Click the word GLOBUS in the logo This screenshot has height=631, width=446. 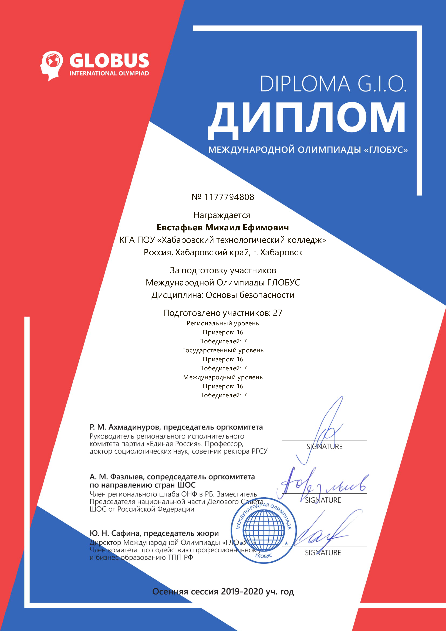pyautogui.click(x=109, y=61)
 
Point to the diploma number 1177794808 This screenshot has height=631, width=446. pyautogui.click(x=229, y=197)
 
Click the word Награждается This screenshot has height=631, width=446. pyautogui.click(x=222, y=215)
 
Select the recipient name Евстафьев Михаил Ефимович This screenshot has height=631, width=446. pyautogui.click(x=223, y=228)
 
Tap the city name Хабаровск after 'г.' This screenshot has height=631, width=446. pyautogui.click(x=281, y=252)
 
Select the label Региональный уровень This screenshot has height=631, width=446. pyautogui.click(x=223, y=323)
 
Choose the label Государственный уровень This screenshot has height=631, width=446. pyautogui.click(x=223, y=350)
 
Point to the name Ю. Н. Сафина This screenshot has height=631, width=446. pyautogui.click(x=114, y=533)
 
